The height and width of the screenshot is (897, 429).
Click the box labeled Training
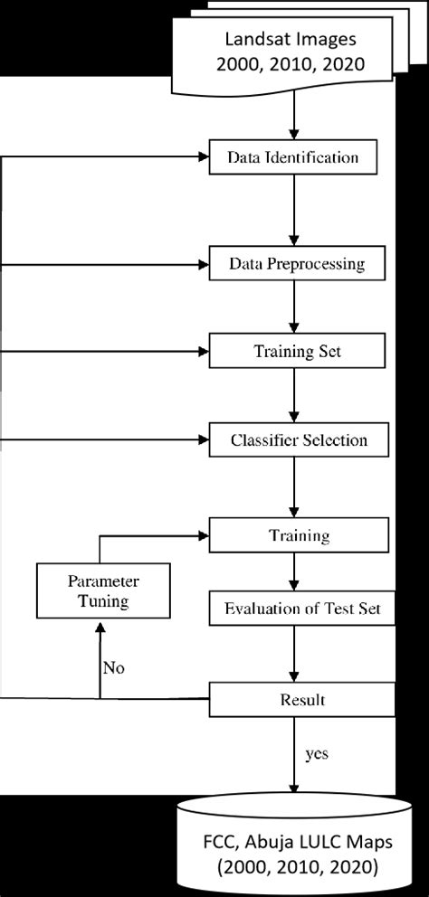pos(300,535)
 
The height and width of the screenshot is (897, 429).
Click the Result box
pos(302,700)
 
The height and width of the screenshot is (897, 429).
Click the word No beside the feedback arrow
pos(114,669)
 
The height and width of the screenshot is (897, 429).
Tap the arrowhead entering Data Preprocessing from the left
pos(203,265)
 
